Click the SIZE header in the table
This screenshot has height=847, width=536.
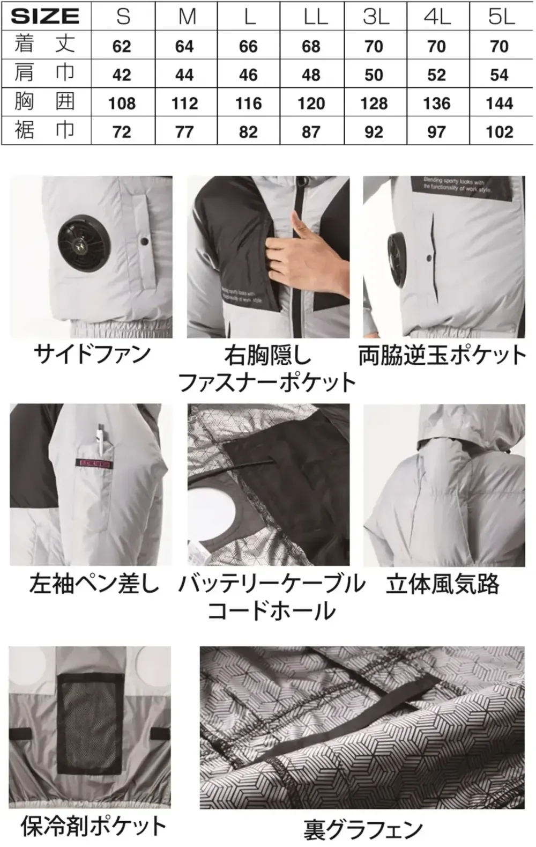point(45,16)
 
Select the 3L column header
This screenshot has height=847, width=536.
point(375,17)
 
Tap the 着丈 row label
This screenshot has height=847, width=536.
point(45,45)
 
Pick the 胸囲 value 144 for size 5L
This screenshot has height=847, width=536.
point(499,103)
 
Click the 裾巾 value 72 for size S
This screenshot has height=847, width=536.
point(122,132)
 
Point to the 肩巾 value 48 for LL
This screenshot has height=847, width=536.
point(311,75)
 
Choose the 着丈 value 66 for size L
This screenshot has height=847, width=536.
point(248,46)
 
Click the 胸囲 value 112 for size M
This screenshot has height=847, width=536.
point(184,103)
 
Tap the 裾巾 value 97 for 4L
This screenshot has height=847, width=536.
point(436,132)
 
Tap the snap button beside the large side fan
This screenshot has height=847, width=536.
point(144,242)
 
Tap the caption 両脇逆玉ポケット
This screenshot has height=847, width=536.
point(443,355)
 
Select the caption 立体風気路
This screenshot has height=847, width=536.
point(442,584)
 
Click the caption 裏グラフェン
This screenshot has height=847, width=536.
point(363,830)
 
